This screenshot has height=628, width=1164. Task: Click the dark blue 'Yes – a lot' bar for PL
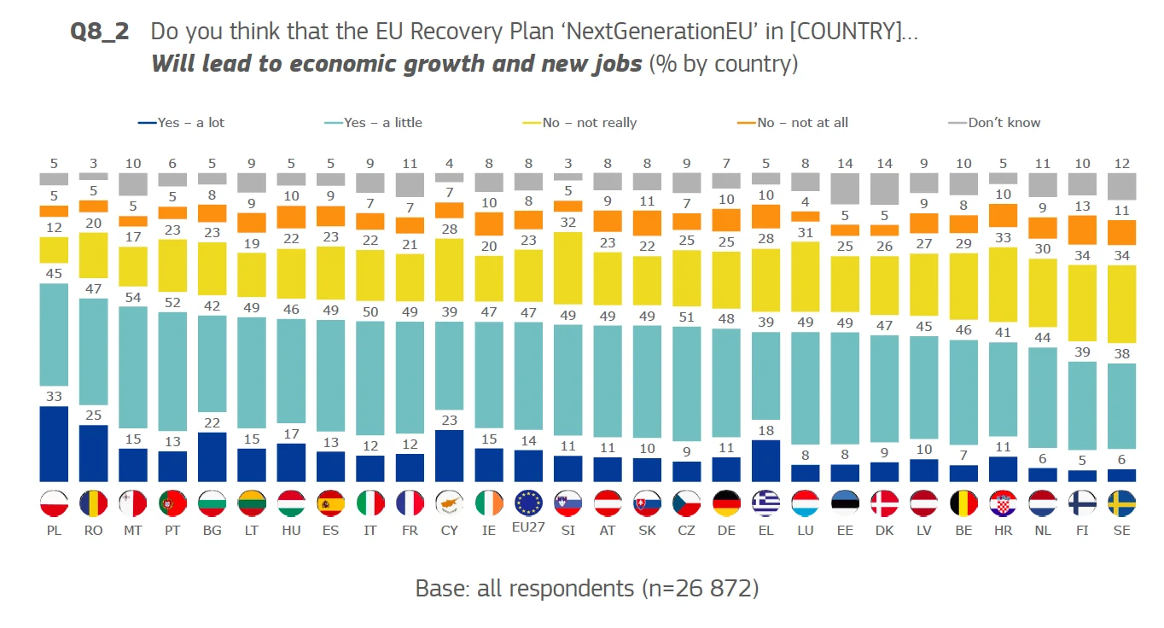click(x=54, y=444)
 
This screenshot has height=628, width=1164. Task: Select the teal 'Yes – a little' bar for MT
click(x=132, y=367)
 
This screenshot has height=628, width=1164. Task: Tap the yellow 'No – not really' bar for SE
click(x=1121, y=304)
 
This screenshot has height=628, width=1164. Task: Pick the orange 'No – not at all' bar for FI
click(x=1082, y=230)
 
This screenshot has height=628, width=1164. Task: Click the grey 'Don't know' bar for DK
click(x=885, y=189)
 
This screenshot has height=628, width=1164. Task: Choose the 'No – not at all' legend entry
click(x=794, y=123)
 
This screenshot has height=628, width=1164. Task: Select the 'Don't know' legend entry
click(x=995, y=123)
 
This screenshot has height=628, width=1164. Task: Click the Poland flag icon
click(x=54, y=503)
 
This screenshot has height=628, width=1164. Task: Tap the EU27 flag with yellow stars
click(x=529, y=503)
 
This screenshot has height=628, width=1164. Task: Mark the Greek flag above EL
click(x=766, y=503)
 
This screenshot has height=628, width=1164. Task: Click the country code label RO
click(x=94, y=531)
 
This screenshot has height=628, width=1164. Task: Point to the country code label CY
click(x=450, y=531)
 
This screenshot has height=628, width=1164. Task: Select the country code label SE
click(x=1121, y=531)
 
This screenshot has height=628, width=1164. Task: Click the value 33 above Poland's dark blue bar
click(x=54, y=396)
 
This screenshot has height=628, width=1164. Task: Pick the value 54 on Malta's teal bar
click(x=132, y=296)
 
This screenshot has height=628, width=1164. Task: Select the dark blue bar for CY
click(x=450, y=456)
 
